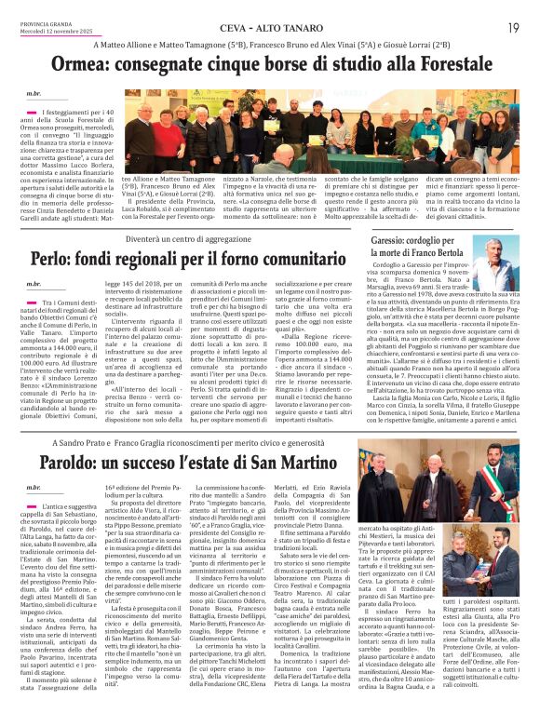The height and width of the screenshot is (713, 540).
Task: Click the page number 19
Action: tap(513, 28)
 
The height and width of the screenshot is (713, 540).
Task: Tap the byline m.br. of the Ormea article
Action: tap(34, 95)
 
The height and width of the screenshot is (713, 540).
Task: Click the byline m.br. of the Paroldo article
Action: tap(34, 488)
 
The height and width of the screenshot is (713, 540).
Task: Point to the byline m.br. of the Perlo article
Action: tap(34, 283)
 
